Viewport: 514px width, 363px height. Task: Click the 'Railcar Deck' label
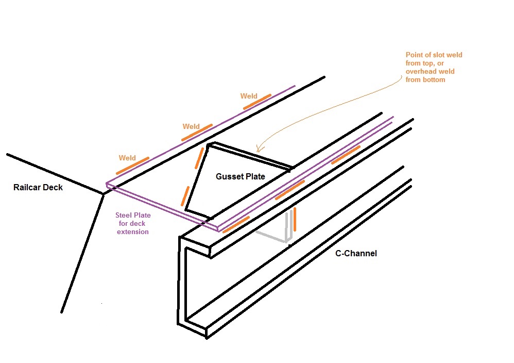click(38, 188)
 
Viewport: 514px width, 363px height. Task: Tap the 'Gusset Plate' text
click(240, 177)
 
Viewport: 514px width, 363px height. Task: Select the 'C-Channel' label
click(356, 254)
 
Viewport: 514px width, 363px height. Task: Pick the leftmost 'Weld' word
click(127, 158)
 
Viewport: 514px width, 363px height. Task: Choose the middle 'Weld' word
click(191, 127)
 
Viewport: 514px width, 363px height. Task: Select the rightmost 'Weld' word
click(249, 96)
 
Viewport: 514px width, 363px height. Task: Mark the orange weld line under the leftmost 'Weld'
click(132, 166)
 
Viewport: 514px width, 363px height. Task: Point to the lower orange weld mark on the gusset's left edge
click(185, 196)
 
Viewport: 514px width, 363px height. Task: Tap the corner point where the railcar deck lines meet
click(103, 194)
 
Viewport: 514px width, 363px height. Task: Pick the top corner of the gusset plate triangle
click(209, 145)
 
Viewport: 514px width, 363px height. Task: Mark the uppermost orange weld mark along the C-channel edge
click(346, 155)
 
